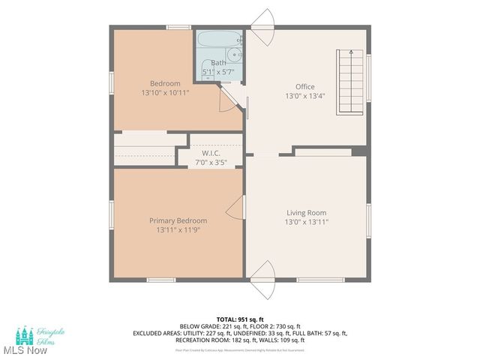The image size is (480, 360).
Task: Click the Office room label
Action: tap(304, 86)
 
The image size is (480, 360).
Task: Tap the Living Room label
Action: tap(305, 212)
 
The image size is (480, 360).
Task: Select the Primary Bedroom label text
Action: tap(178, 220)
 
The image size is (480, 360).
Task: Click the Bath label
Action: tap(217, 62)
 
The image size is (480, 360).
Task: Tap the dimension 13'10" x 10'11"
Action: tap(164, 92)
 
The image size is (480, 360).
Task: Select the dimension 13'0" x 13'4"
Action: tap(304, 96)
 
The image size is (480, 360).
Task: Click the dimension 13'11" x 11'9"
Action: tap(178, 230)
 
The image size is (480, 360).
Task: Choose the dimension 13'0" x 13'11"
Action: tap(305, 222)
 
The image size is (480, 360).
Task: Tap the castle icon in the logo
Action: tap(25, 334)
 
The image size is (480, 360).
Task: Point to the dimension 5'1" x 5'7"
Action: tap(218, 71)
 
